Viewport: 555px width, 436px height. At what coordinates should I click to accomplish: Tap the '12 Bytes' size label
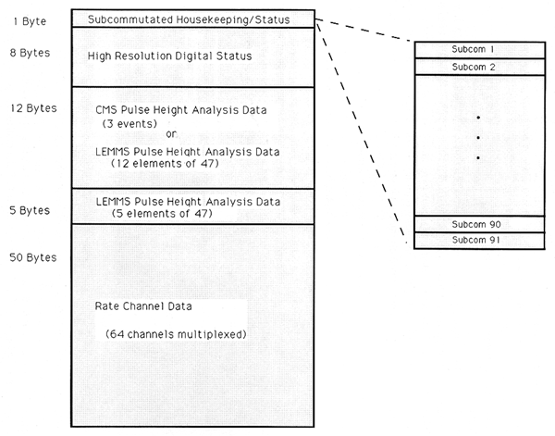click(x=32, y=108)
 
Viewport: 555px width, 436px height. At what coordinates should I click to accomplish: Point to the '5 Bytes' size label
click(x=30, y=210)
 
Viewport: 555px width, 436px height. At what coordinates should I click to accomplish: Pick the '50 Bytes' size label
click(x=32, y=255)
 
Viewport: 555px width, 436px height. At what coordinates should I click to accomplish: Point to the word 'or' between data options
click(x=170, y=135)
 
